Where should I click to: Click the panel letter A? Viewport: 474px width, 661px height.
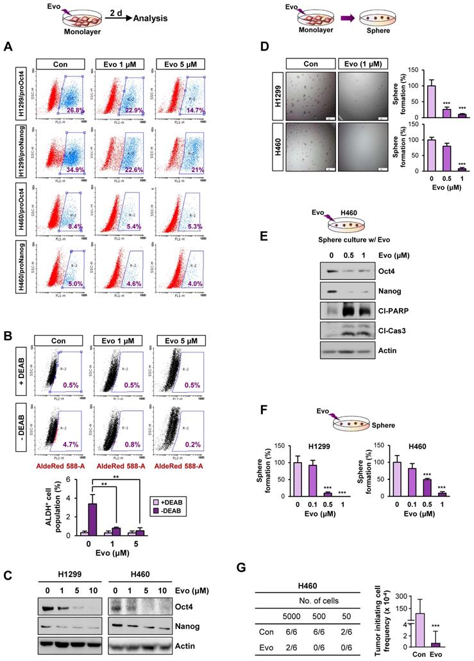8,46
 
